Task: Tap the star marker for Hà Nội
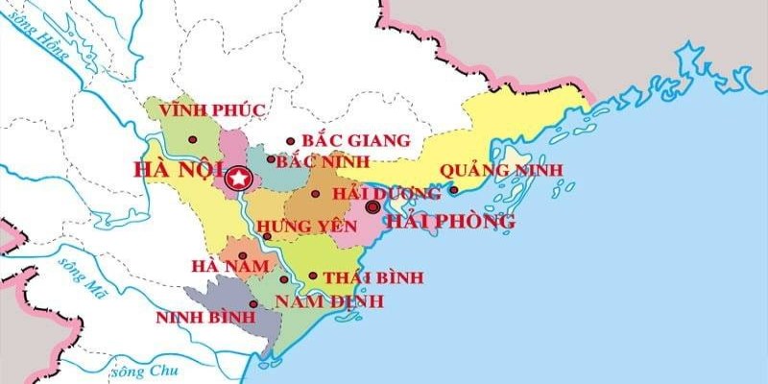pos(237,178)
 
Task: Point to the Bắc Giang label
pos(355,141)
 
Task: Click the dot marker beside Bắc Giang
pos(291,141)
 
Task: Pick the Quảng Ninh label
pos(501,171)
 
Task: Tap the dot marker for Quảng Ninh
pos(453,189)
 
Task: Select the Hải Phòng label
pos(450,222)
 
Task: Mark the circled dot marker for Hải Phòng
pos(373,204)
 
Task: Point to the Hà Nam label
pos(223,266)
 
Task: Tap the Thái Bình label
pos(373,277)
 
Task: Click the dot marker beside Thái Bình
pos(313,276)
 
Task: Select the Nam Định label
pos(329,301)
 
